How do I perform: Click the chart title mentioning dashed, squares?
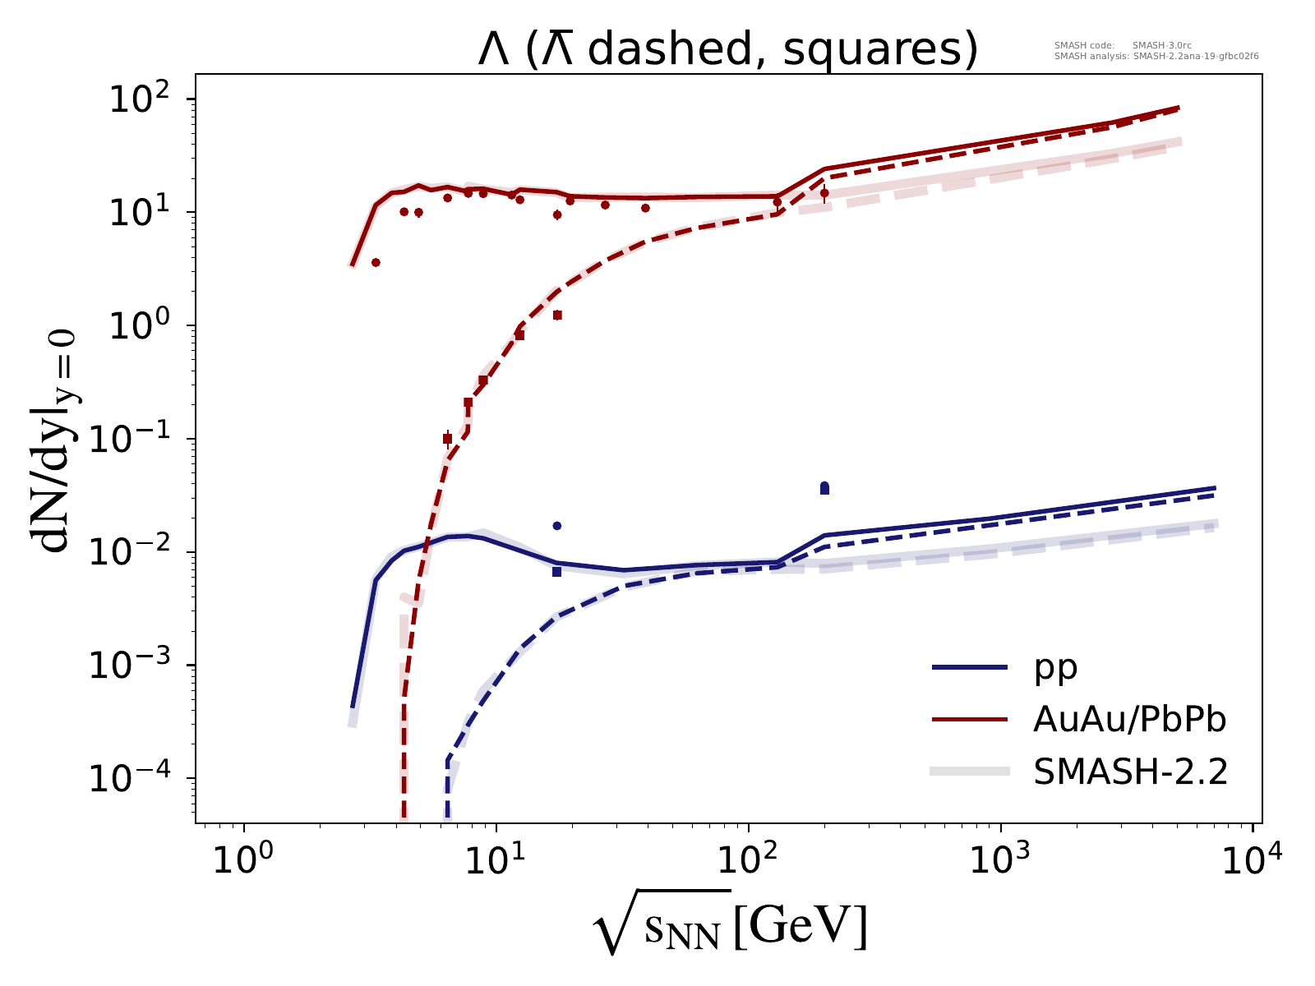(x=727, y=50)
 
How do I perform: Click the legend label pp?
(x=1055, y=668)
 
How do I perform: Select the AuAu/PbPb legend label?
(x=1129, y=720)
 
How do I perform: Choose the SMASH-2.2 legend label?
(x=1129, y=772)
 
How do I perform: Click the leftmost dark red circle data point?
(x=376, y=263)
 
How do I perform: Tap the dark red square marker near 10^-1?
(x=447, y=439)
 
